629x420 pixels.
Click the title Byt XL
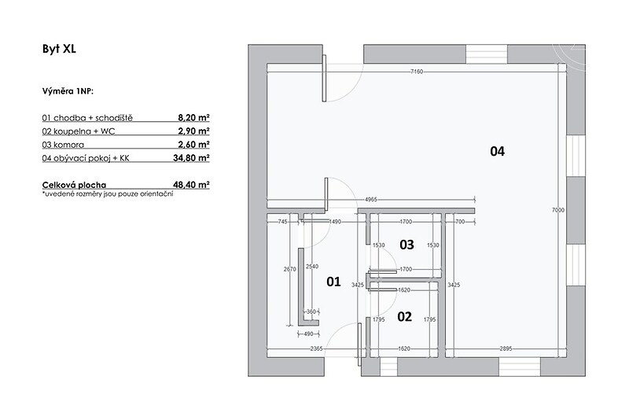point(59,49)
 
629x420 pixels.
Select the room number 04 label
point(497,151)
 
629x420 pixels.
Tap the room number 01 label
point(333,282)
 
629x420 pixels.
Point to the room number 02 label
point(404,316)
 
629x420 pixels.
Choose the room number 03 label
point(406,245)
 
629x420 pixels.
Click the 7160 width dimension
point(417,72)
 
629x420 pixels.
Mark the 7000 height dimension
point(558,210)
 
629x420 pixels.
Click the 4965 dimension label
point(370,199)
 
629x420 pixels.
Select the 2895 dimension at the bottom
point(506,348)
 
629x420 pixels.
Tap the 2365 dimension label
point(316,348)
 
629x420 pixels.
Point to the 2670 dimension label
point(289,269)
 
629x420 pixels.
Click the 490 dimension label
point(308,333)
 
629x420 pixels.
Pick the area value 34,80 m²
point(191,157)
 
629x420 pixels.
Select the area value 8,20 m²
point(193,117)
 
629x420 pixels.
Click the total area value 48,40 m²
point(191,185)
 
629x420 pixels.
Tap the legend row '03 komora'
point(63,145)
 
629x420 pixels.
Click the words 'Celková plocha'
point(74,185)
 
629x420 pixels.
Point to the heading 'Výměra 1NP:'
point(68,91)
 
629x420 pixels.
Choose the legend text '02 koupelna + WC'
point(78,131)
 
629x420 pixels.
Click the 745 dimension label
point(283,222)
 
